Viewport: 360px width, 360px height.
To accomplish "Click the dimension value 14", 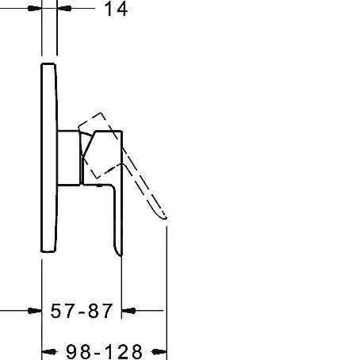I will pyautogui.click(x=117, y=10).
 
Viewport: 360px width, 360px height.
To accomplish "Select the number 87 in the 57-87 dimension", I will pyautogui.click(x=101, y=310).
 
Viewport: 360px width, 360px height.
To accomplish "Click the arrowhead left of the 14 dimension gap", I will pyautogui.click(x=33, y=10).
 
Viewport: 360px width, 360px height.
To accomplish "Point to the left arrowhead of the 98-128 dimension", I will pyautogui.click(x=48, y=350).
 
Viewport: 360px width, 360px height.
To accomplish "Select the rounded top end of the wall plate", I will pyautogui.click(x=48, y=63).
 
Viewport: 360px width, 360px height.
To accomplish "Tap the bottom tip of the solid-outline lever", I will pyautogui.click(x=119, y=252).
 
